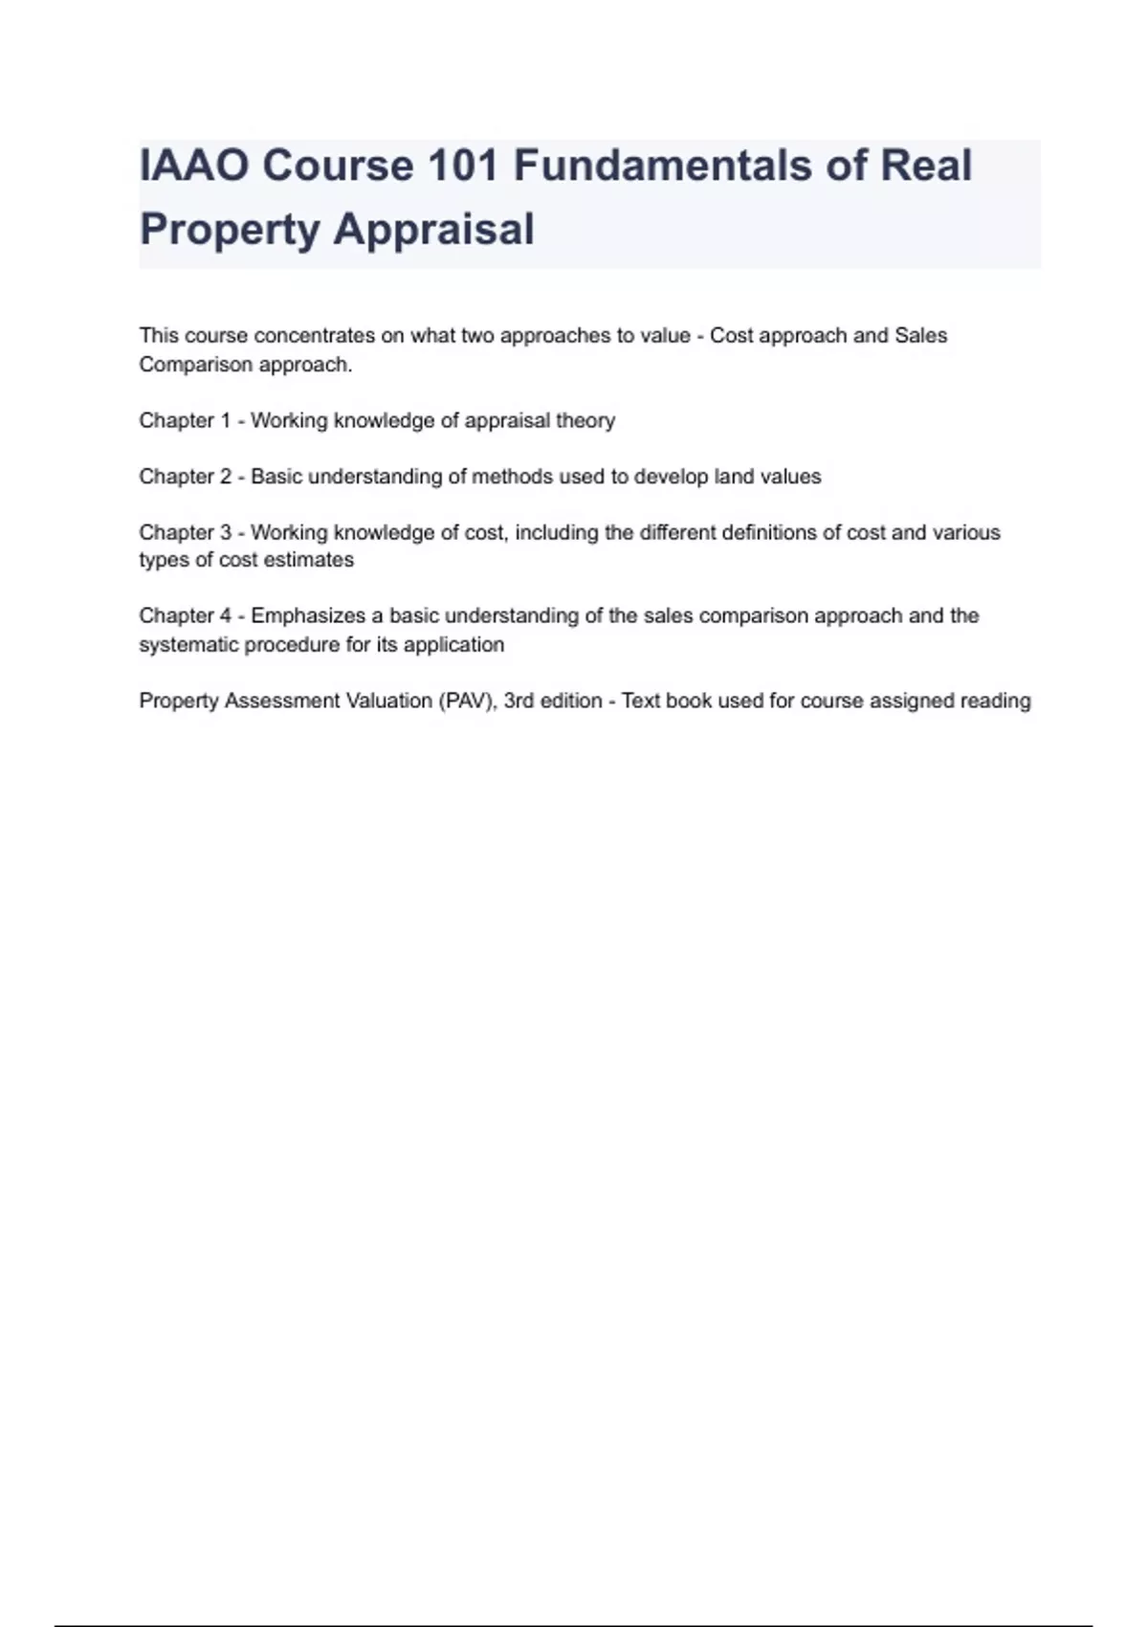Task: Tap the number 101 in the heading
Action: tap(463, 166)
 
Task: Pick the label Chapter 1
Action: tap(185, 421)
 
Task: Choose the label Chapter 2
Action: tap(185, 477)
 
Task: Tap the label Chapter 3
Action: tap(185, 532)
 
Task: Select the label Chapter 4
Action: tap(185, 615)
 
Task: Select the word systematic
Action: tap(188, 644)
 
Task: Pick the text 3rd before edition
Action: tap(519, 701)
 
